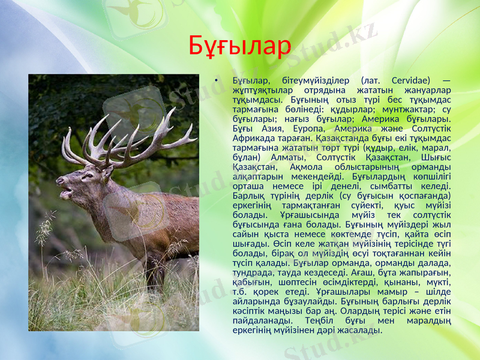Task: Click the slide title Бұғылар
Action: tap(239, 45)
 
